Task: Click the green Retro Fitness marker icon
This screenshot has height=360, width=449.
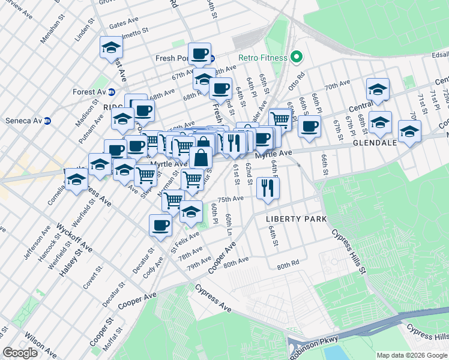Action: (295, 58)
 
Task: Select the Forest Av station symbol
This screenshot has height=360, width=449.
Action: (111, 92)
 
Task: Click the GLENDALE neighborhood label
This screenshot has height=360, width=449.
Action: (375, 143)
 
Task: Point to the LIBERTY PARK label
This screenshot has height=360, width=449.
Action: (291, 219)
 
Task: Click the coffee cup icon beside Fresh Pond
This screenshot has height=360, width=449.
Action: (199, 53)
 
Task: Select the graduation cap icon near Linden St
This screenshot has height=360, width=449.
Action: (111, 47)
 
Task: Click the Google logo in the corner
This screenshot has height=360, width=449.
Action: (20, 353)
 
